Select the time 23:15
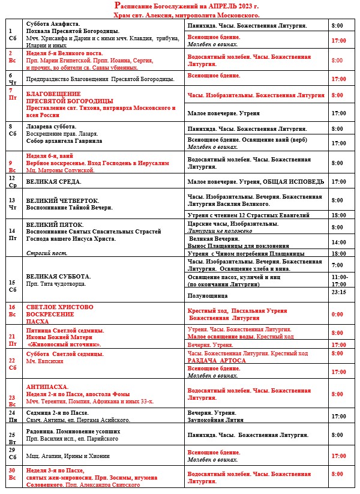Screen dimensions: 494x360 (x=338, y=292)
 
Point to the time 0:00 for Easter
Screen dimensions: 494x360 (x=338, y=314)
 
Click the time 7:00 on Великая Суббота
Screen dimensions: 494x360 (x=338, y=265)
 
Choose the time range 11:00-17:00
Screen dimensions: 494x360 (x=338, y=280)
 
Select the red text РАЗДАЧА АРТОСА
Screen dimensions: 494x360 (x=217, y=360)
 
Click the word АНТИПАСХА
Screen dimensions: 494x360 (x=47, y=387)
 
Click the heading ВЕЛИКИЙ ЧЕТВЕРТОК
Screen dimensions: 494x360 (x=62, y=200)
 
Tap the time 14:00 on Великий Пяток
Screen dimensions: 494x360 (x=338, y=242)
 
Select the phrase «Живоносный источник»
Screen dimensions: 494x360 (x=65, y=345)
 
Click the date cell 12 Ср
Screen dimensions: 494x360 (x=11, y=181)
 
